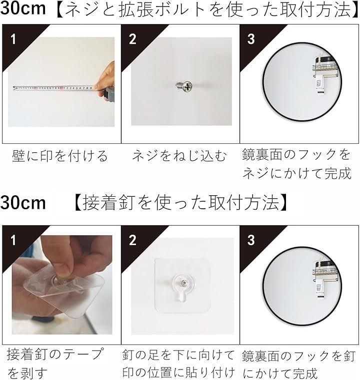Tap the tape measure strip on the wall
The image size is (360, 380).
coord(53,88)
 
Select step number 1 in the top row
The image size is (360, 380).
coord(13,39)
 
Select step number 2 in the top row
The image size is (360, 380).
coord(132,39)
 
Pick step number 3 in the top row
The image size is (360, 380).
coord(251,39)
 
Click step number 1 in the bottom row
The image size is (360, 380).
coord(13,240)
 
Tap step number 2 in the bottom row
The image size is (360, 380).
coord(132,240)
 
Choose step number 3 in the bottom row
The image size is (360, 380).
coord(251,240)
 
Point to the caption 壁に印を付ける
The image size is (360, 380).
coord(60,156)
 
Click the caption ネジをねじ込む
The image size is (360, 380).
coord(179,156)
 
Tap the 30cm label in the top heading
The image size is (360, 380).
coord(23,8)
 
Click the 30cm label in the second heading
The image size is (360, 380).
coord(23,203)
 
